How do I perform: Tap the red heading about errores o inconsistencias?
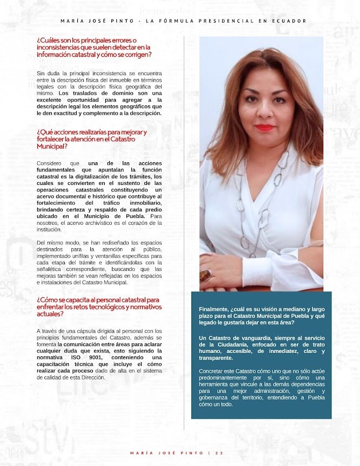[x=94, y=48]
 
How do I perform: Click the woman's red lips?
[x=264, y=128]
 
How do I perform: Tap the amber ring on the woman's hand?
[x=206, y=276]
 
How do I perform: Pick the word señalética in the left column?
[x=52, y=269]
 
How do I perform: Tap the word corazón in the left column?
[x=135, y=223]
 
